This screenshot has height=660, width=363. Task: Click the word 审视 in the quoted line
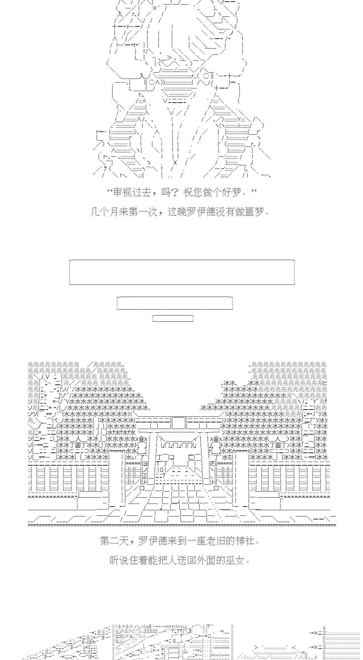[122, 192]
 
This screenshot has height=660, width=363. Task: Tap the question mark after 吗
[175, 192]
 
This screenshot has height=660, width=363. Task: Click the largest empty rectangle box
[182, 272]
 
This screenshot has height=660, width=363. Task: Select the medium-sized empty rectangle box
[175, 303]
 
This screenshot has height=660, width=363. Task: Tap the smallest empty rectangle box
[173, 318]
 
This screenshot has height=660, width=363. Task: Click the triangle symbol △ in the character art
[177, 70]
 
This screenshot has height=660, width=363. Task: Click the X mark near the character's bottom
[175, 163]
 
